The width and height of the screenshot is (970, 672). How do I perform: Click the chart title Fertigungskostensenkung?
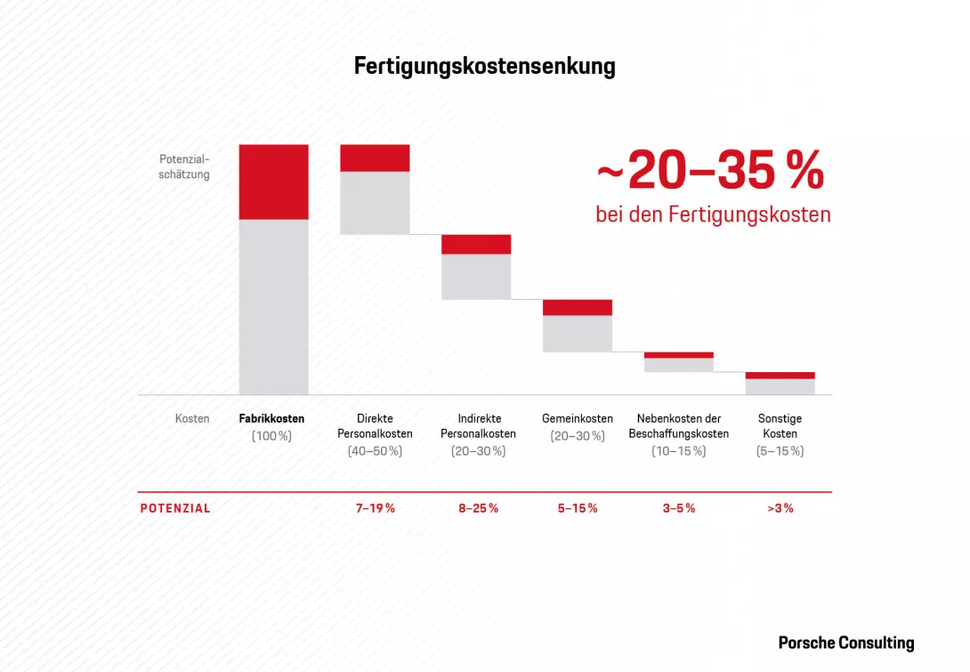[484, 67]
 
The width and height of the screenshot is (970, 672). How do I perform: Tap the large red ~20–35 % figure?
[710, 172]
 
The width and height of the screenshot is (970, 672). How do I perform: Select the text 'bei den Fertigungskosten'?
[713, 215]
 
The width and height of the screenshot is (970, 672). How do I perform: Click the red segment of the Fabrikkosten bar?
[273, 182]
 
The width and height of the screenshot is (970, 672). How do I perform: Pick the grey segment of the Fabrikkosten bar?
[273, 306]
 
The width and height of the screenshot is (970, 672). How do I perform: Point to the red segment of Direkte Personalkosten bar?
[375, 158]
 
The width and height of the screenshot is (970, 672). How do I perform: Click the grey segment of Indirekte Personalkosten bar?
[476, 277]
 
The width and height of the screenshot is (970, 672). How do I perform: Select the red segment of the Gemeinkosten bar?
[578, 307]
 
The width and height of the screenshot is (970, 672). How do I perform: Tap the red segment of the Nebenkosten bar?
[679, 354]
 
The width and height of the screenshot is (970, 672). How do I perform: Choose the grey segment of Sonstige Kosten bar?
[780, 386]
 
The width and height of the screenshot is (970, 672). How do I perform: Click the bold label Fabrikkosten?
[271, 418]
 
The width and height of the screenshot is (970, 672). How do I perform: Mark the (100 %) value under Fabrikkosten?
[271, 435]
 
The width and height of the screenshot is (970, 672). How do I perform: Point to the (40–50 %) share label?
[375, 451]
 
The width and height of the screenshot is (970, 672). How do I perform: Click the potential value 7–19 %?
[375, 508]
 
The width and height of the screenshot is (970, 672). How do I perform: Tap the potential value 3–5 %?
[679, 508]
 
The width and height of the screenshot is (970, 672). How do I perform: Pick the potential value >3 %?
[780, 508]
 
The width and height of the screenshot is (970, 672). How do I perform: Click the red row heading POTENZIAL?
[175, 508]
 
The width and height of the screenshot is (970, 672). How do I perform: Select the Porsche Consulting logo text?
[845, 643]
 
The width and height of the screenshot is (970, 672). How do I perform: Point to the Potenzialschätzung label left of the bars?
[184, 166]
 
